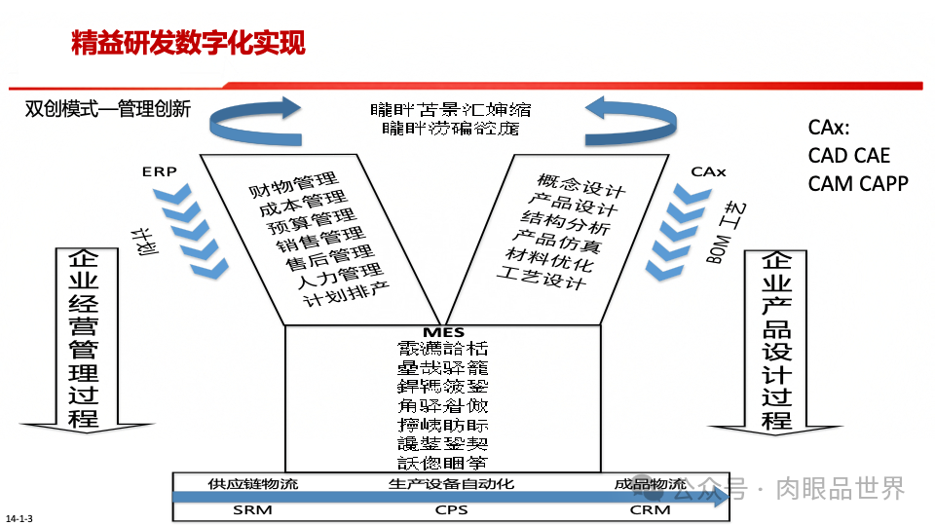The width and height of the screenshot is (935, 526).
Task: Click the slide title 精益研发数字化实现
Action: [x=188, y=44]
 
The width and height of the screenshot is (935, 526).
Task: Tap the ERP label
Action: [x=159, y=171]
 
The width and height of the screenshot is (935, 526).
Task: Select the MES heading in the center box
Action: [x=443, y=333]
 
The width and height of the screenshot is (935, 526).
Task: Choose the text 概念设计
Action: [x=580, y=184]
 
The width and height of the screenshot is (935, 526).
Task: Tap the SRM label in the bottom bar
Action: [x=253, y=509]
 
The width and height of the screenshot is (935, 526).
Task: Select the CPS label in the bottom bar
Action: [x=451, y=509]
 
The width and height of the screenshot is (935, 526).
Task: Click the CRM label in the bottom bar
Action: [x=650, y=509]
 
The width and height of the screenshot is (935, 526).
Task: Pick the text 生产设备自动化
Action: [x=451, y=483]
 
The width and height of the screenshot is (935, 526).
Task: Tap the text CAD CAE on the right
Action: [x=849, y=156]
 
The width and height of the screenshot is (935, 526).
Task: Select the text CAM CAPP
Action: [x=858, y=183]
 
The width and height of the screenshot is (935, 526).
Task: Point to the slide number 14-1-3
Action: [x=19, y=517]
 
